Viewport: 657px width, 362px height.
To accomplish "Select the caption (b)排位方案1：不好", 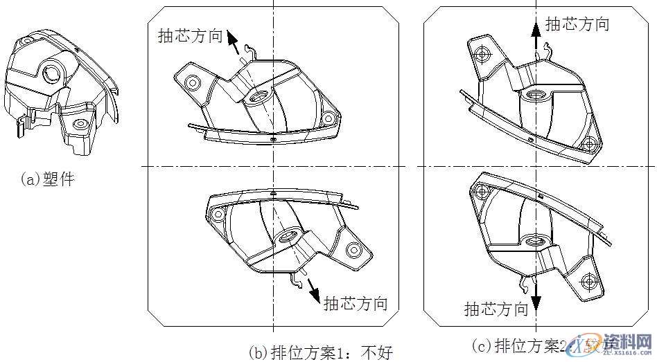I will tap(320, 352).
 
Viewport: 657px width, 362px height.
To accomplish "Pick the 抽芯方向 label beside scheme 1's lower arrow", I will tap(356, 303).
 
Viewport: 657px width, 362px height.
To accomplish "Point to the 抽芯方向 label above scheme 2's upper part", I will tap(577, 24).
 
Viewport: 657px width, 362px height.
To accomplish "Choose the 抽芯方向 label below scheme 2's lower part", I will tap(496, 309).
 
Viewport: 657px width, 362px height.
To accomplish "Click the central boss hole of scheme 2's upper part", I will tap(535, 95).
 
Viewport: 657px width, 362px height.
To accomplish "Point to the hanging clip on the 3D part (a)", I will tap(21, 126).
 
